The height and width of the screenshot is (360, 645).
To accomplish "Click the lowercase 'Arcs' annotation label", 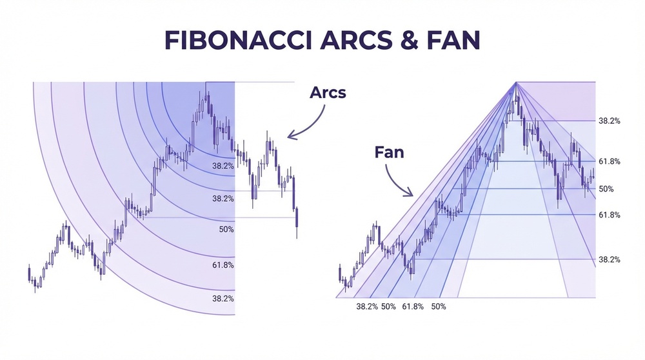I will [x=328, y=92].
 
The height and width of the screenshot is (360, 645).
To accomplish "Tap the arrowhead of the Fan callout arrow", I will [x=410, y=194].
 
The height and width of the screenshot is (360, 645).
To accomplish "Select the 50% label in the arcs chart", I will [x=226, y=230].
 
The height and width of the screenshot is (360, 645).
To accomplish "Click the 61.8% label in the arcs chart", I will [x=223, y=265].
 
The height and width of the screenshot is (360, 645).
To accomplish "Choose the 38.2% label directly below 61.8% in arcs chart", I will [x=223, y=299].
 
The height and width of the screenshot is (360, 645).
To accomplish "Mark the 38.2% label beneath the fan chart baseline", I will [x=367, y=306].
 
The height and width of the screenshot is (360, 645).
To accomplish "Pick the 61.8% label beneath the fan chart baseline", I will [x=413, y=306].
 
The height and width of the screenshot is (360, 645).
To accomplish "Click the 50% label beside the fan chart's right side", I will [x=606, y=189].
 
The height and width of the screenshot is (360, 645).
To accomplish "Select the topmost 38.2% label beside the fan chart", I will [x=610, y=121].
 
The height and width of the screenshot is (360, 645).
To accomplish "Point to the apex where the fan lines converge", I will [x=516, y=82].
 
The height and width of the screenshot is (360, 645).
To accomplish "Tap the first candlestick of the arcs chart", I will [x=29, y=274].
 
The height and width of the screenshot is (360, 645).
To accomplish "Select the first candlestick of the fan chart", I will [x=340, y=274].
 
